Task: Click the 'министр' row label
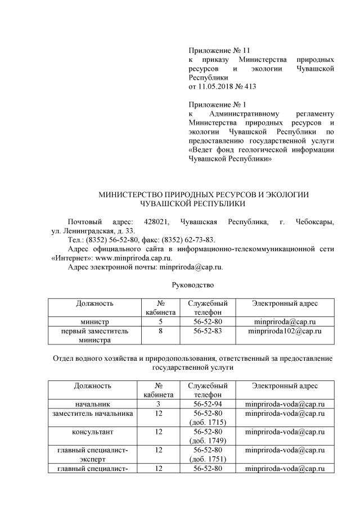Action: coord(94,322)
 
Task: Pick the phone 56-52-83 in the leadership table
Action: coord(208,332)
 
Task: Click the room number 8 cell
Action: coord(160,332)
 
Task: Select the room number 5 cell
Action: coord(160,322)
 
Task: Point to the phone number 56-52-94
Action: coord(208,404)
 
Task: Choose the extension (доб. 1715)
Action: coord(208,422)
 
